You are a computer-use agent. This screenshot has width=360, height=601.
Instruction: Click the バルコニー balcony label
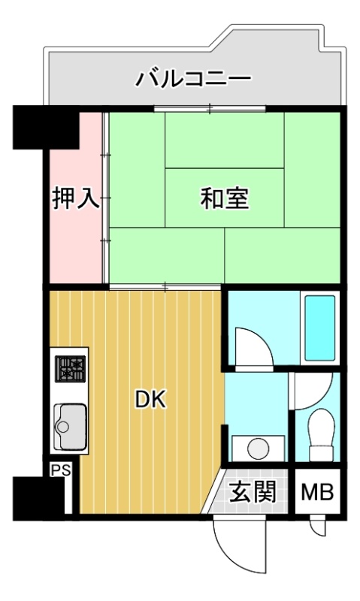click(194, 79)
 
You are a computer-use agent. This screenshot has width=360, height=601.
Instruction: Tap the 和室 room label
click(225, 198)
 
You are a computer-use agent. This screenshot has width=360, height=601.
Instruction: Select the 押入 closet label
click(77, 198)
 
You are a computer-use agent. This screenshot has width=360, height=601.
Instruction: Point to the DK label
click(150, 400)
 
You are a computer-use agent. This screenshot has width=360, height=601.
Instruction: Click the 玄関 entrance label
click(253, 492)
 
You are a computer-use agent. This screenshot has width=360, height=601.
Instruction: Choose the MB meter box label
click(317, 492)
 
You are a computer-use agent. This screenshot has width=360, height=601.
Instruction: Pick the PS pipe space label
click(62, 470)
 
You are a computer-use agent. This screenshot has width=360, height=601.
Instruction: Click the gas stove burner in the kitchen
click(70, 369)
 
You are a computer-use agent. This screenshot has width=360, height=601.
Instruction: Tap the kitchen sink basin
click(70, 426)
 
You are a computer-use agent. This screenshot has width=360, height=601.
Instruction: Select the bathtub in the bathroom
click(319, 328)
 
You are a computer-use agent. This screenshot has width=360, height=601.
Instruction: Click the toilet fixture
click(321, 435)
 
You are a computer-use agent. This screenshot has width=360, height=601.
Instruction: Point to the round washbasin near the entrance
click(258, 448)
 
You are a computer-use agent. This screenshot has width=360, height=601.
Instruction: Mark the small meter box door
click(317, 527)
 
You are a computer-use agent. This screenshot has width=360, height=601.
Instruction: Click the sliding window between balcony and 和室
click(210, 108)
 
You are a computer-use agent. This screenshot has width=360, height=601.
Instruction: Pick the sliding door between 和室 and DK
click(165, 286)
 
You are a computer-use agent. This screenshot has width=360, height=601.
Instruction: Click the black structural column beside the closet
click(46, 127)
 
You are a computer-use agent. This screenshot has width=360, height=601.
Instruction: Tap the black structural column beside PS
click(38, 498)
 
